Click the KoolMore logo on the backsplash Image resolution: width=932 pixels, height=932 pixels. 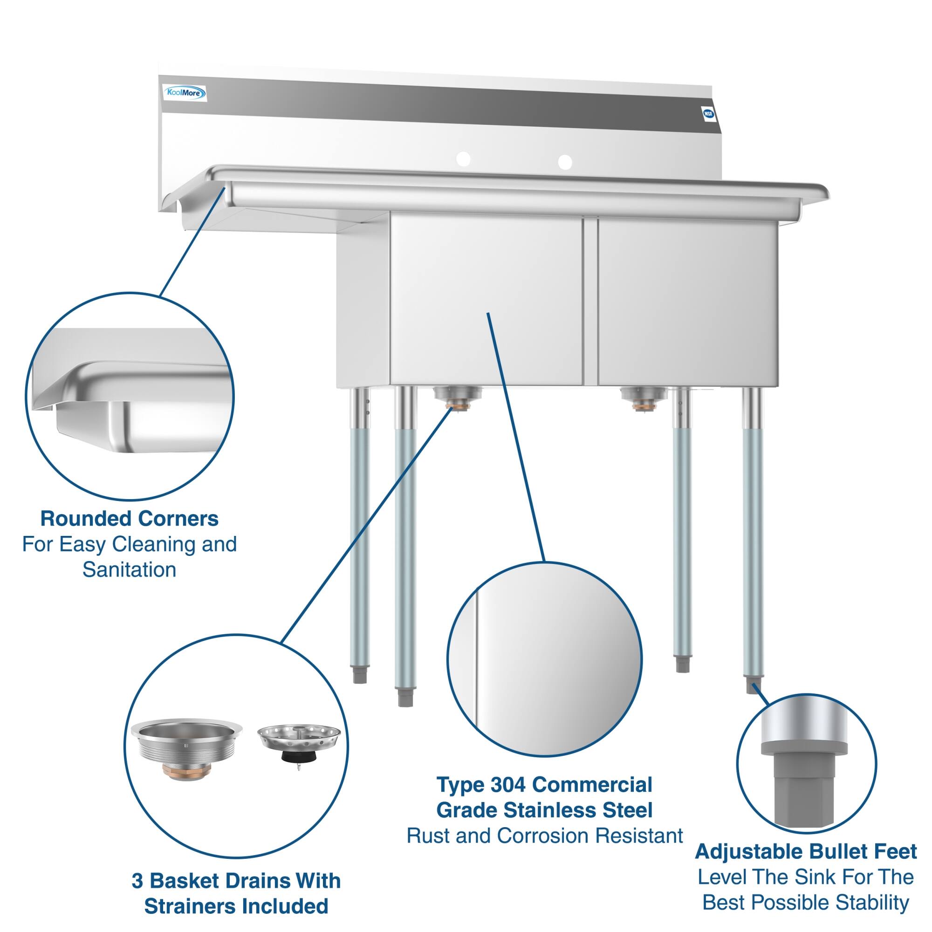186,93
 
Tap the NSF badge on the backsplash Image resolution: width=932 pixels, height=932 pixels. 708,114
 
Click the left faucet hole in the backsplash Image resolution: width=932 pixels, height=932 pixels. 463,158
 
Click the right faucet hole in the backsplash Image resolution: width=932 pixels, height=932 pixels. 565,162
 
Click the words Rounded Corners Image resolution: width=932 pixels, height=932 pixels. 129,519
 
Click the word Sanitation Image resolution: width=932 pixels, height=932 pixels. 129,570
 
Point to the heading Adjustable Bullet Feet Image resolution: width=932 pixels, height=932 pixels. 805,851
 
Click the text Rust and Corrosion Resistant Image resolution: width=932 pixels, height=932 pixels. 544,836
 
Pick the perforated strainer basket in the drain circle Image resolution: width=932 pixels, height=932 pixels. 299,740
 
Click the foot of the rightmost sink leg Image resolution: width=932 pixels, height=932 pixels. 753,685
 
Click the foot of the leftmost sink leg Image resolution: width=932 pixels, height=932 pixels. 360,674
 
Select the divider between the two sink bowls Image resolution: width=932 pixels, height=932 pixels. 590,302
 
